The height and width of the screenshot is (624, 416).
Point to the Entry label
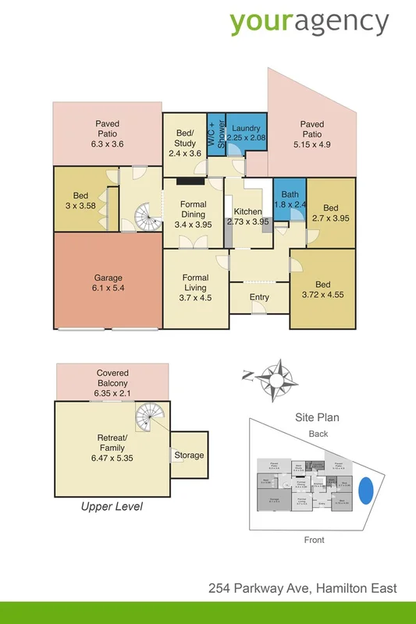pos(259,296)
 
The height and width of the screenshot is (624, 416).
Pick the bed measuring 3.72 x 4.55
pos(322,289)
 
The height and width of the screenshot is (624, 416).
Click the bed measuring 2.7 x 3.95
pos(330,213)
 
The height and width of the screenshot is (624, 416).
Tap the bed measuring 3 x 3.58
pos(80,200)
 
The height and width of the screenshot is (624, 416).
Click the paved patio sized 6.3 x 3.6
pos(107,133)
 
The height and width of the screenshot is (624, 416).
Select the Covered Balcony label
pos(112,383)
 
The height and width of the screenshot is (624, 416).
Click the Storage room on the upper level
pos(189,456)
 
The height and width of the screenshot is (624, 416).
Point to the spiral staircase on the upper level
pos(149,417)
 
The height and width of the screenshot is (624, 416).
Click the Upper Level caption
pos(112,506)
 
